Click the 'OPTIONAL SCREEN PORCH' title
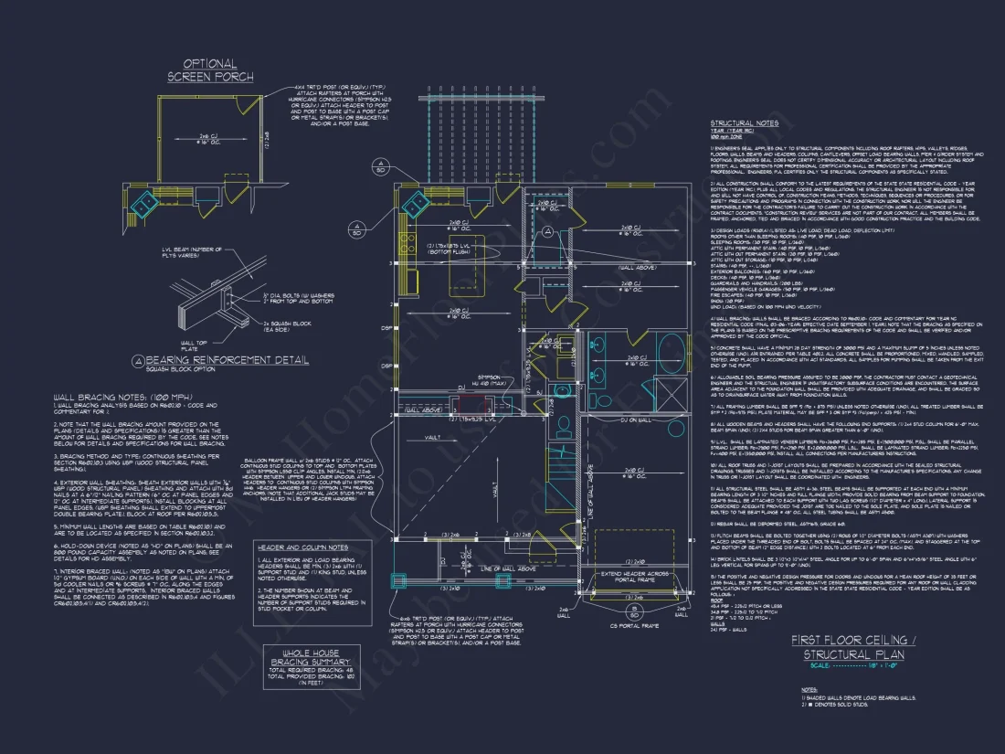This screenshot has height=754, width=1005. [209, 70]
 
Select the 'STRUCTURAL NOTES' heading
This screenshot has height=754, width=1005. [745, 123]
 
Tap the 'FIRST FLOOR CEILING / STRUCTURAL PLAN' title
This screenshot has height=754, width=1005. [841, 647]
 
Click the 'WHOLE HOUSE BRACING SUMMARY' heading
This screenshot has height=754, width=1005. [300, 657]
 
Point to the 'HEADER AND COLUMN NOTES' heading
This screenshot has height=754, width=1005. [301, 547]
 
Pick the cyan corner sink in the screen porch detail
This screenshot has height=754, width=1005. [142, 203]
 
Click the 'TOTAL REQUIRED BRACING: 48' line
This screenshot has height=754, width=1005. [299, 672]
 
